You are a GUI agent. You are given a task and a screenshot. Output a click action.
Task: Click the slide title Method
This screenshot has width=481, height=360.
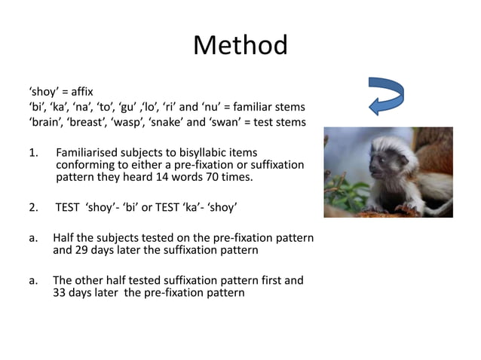coord(240,46)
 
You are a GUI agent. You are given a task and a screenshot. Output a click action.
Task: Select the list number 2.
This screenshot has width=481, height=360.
coord(32,207)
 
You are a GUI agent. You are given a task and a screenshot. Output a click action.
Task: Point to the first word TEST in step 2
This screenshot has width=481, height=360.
coord(69,207)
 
